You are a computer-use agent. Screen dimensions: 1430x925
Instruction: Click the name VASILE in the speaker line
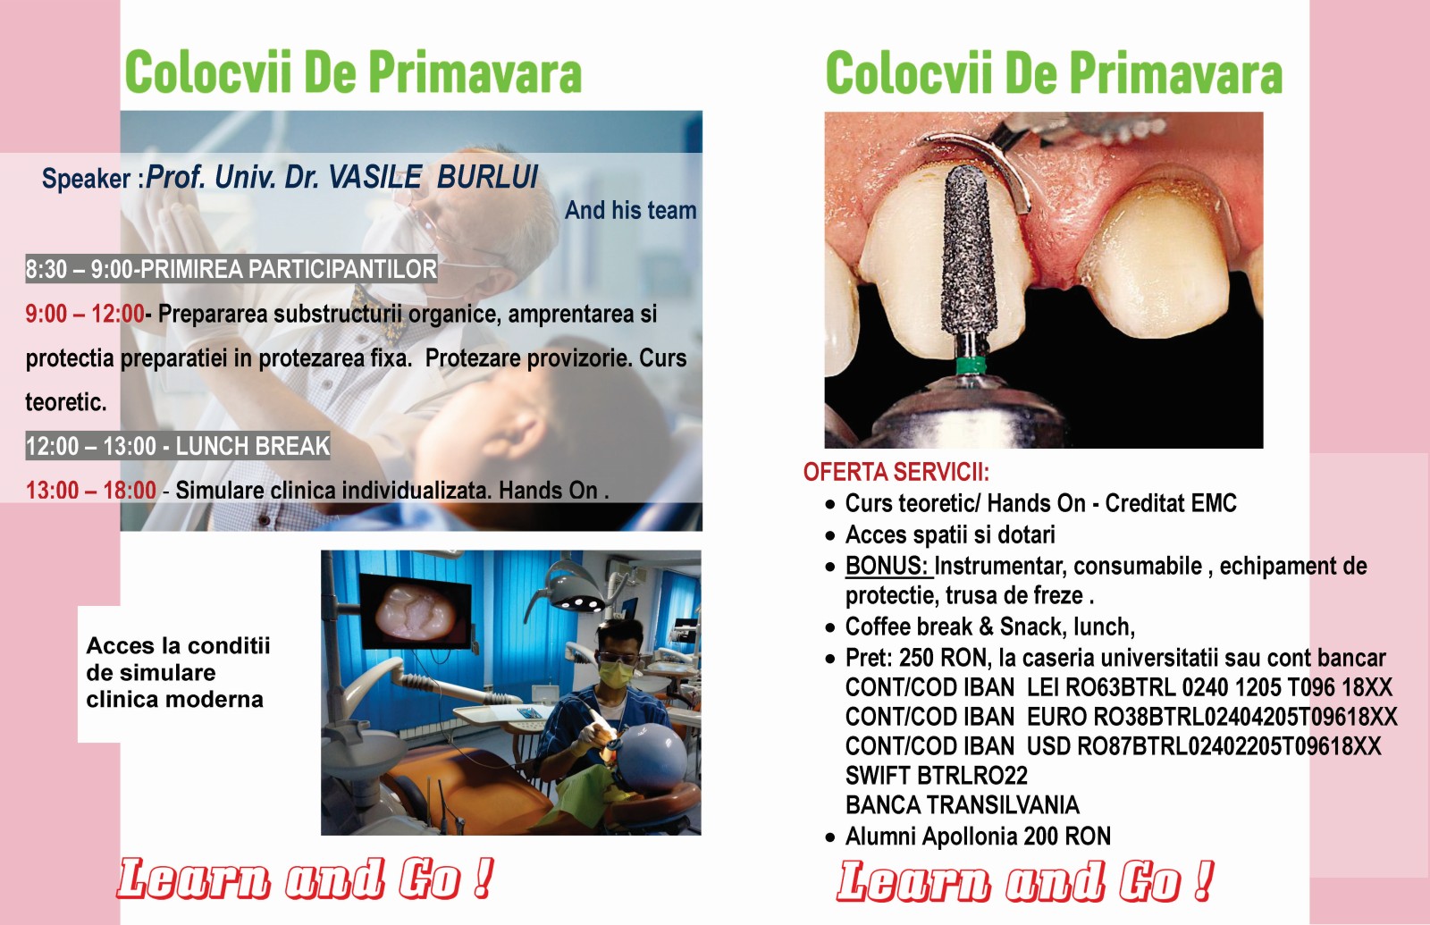tap(374, 177)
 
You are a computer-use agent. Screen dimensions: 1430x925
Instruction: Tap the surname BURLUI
tap(488, 177)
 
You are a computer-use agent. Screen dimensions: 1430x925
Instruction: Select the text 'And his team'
tap(630, 210)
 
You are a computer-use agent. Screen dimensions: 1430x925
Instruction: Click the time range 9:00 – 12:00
tap(85, 314)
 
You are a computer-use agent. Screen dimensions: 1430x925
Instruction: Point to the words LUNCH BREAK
tap(253, 446)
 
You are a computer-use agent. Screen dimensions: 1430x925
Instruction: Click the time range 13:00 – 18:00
tap(90, 491)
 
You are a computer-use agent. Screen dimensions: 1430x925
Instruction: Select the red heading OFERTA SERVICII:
tap(896, 473)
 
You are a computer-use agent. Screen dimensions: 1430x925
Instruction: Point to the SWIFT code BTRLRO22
tap(972, 776)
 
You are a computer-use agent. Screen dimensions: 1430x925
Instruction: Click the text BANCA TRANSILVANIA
tap(962, 805)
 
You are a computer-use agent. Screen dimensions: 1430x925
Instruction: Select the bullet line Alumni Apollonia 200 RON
tap(978, 837)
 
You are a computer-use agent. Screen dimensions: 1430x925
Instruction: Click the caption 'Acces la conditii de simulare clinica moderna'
tap(178, 673)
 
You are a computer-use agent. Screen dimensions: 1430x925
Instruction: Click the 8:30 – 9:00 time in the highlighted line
tap(78, 269)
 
